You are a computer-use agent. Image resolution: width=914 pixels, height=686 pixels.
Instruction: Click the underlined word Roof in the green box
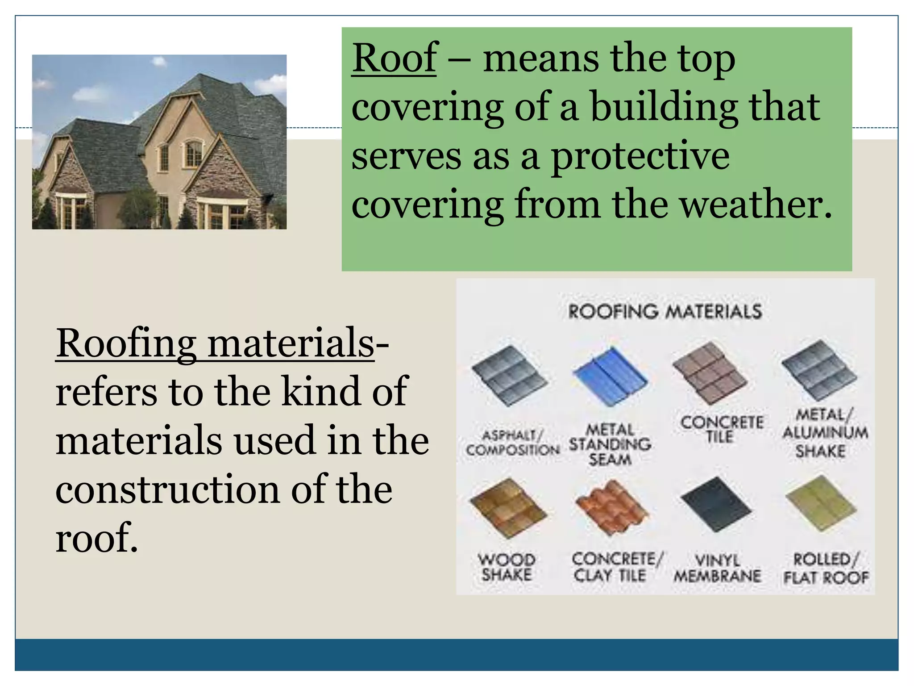coord(395,58)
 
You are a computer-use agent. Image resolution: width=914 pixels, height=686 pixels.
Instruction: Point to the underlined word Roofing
coord(126,343)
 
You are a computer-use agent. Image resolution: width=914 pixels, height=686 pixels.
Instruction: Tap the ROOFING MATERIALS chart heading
coord(665,311)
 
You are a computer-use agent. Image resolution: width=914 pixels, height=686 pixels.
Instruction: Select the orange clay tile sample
coord(611,507)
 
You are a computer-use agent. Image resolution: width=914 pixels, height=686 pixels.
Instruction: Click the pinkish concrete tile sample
coord(710,373)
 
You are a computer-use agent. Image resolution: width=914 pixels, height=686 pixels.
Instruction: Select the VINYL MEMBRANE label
coord(717,568)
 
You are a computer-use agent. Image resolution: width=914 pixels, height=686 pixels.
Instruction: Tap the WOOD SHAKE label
coord(507,567)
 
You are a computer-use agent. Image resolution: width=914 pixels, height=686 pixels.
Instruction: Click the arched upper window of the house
coord(194,153)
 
